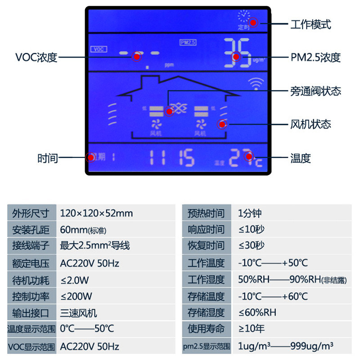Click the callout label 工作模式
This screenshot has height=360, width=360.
coord(311,24)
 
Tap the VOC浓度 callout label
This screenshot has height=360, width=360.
coord(36,58)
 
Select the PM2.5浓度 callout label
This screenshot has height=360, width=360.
coord(315,58)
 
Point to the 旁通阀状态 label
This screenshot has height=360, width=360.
coord(315,91)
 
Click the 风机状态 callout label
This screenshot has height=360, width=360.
coord(311,124)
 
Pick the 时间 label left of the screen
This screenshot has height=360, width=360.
coord(48,158)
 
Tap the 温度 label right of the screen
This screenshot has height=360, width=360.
coord(301,158)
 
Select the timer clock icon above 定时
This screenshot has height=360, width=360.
coord(244,16)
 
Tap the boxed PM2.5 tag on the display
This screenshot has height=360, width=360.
coord(188,42)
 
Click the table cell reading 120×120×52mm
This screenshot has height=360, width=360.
coord(96,213)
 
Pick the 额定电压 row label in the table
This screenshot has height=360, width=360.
coord(31,263)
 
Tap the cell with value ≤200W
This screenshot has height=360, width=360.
coord(76,296)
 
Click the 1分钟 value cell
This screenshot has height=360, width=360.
coord(250,213)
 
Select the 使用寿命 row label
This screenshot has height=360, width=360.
coord(206,329)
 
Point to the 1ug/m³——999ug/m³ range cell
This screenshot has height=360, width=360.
coord(286,346)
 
